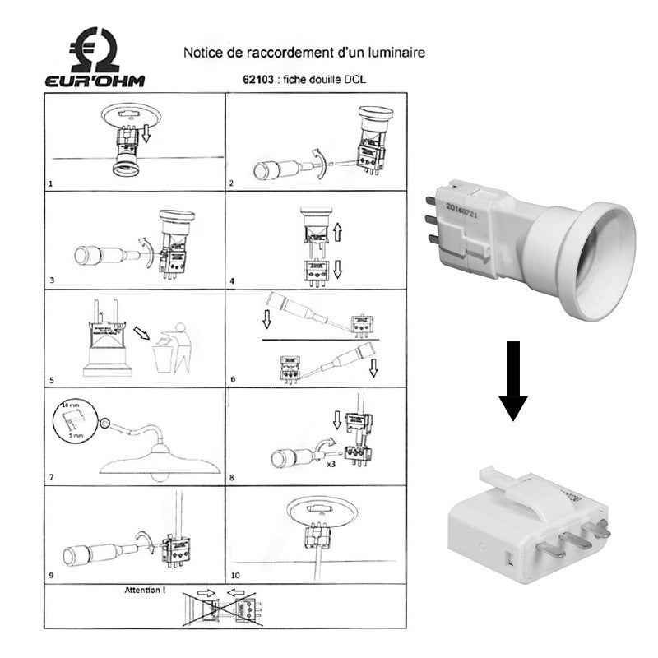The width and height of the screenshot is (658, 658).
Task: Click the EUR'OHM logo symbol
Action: [x=97, y=49]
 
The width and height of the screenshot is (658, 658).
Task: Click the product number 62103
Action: [x=253, y=81]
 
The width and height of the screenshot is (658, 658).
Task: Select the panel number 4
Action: [x=232, y=281]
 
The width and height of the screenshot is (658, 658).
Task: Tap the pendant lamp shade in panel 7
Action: [x=160, y=461]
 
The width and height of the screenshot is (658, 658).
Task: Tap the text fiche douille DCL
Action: [x=320, y=81]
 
